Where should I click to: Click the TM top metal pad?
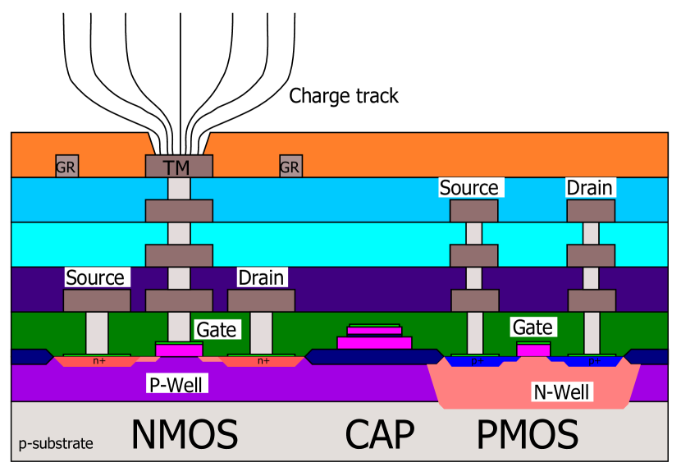178,167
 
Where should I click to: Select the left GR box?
66,167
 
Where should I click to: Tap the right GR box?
290,167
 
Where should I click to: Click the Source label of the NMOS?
94,277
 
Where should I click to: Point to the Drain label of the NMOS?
261,277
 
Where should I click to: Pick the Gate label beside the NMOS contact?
217,330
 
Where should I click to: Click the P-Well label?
174,383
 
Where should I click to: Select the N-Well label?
561,392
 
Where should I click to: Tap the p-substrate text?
56,444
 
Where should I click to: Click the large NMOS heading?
185,435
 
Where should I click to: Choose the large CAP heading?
379,435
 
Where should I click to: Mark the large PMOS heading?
528,435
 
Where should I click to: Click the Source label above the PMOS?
468,188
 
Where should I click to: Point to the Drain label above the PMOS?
589,188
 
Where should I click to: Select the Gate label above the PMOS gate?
532,327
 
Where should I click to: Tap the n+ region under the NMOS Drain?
263,360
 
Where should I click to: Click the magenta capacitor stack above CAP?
374,337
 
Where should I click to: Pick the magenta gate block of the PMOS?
533,350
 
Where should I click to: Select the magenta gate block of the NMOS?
179,350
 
